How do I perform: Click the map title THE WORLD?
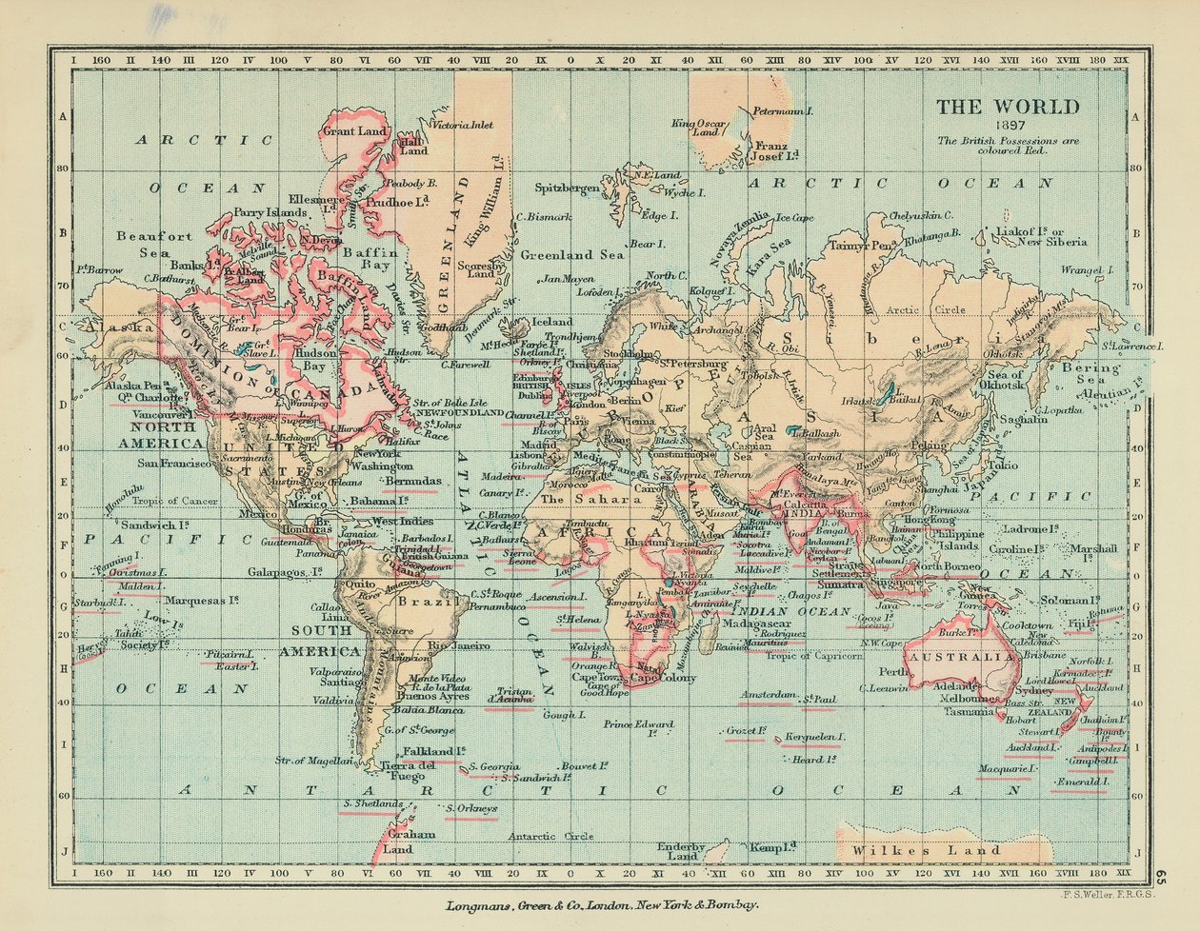click(1008, 107)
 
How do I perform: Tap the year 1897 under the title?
click(1008, 126)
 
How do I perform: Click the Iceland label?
click(552, 322)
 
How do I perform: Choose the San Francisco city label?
click(173, 464)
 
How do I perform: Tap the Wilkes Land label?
click(927, 850)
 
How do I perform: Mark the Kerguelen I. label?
click(814, 737)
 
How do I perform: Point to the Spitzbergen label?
click(567, 188)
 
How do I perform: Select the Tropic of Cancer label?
click(175, 501)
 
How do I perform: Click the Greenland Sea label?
click(570, 255)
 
